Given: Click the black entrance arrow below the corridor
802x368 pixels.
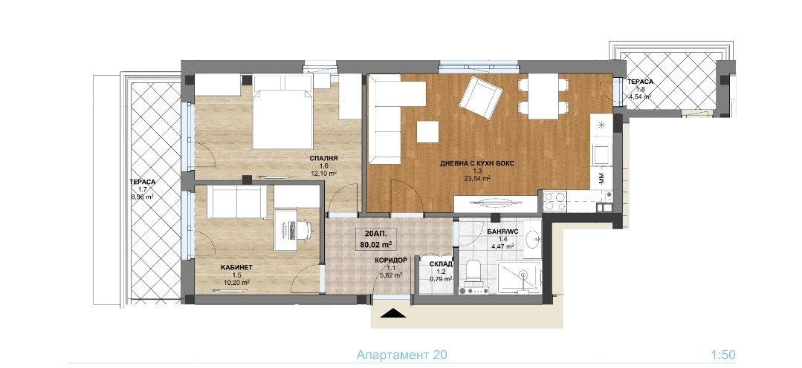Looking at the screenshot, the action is (x=393, y=313).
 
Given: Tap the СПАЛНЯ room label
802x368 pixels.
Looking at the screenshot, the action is (x=323, y=159).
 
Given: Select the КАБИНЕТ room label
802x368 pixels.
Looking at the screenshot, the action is (x=237, y=267).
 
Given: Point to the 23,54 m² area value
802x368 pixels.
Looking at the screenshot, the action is (x=478, y=179).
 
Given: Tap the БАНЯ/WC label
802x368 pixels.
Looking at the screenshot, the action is (x=502, y=231).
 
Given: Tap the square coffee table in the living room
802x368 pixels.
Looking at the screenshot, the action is (x=427, y=132).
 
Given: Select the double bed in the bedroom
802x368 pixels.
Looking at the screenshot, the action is (x=283, y=112).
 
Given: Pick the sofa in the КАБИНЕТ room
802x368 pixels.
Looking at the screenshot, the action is (x=237, y=201).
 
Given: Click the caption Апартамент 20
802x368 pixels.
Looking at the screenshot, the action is (x=398, y=355).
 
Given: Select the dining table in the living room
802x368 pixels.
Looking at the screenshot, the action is (x=543, y=96).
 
